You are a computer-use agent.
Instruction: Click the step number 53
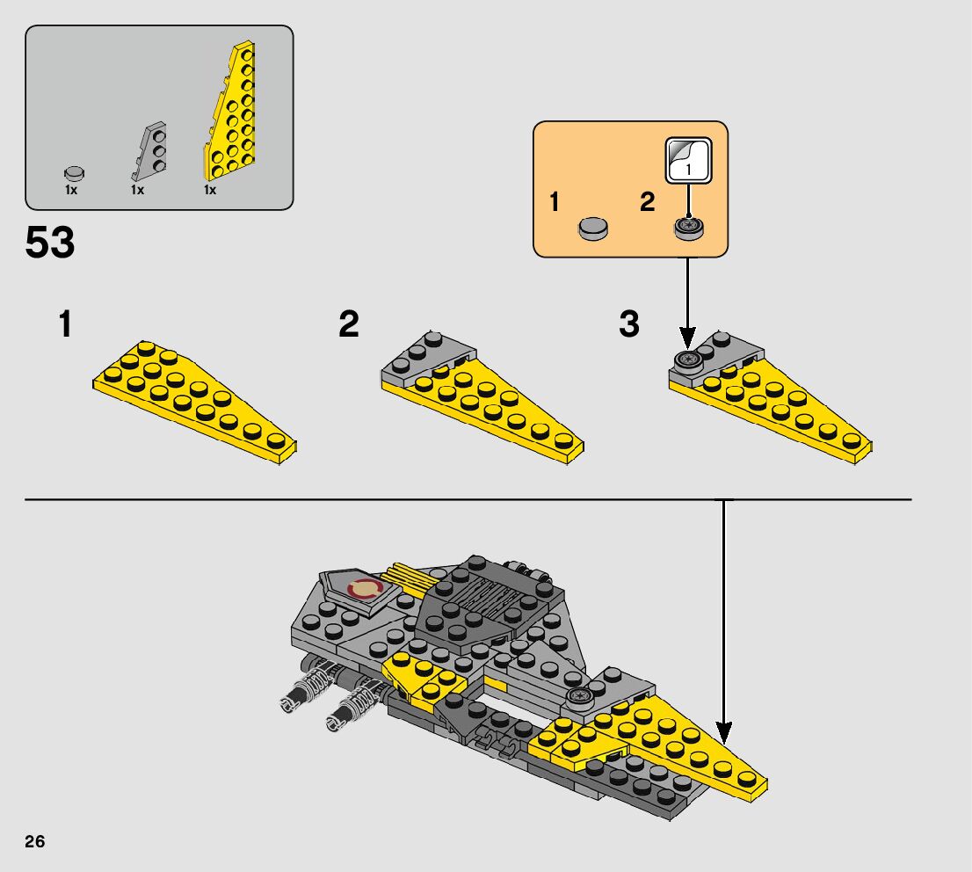coord(49,242)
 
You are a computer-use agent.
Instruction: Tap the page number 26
coord(35,841)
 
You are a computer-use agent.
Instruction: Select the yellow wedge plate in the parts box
coord(229,112)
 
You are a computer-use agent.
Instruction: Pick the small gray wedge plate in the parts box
coord(149,150)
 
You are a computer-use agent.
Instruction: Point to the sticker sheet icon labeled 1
coord(688,160)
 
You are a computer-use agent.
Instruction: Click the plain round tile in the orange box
coord(593,228)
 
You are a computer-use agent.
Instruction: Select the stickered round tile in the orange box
coord(689,227)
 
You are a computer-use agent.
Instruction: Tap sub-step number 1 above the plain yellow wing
coord(65,324)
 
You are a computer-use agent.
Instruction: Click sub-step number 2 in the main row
coord(349,323)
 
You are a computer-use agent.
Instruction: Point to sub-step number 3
coord(629,323)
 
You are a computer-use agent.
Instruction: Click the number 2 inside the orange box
coord(647,201)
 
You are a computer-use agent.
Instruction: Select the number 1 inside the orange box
coord(555,201)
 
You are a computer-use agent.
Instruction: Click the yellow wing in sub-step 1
coord(194,402)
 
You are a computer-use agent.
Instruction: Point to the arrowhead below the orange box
coord(687,338)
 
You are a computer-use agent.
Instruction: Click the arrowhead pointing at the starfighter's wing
coord(723,732)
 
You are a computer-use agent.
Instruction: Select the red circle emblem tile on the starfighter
coord(363,588)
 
